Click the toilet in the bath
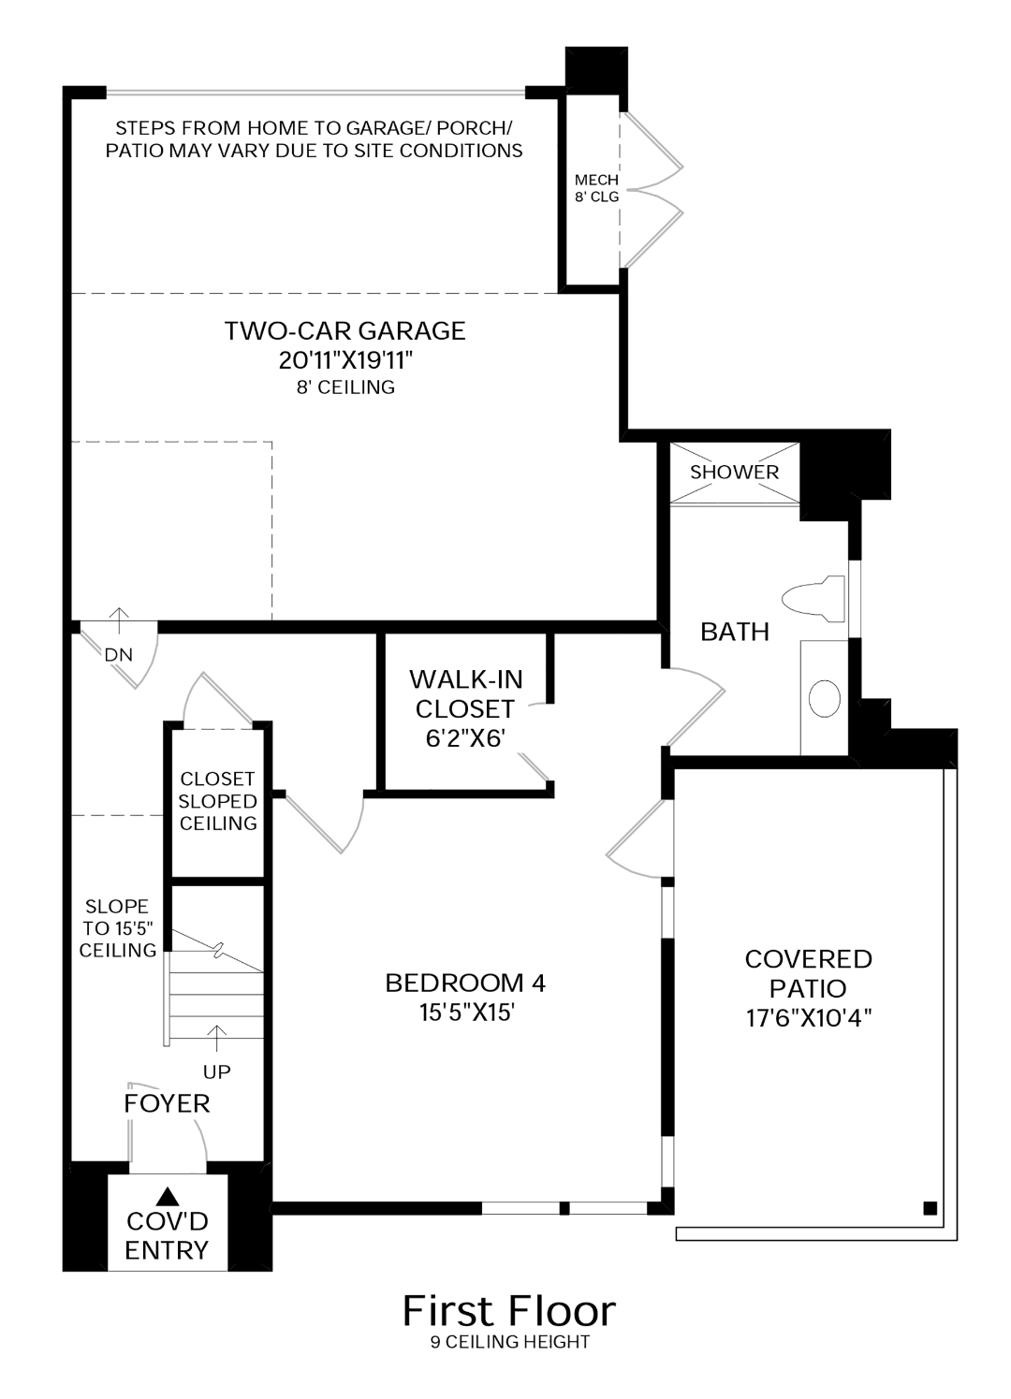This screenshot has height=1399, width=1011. (813, 599)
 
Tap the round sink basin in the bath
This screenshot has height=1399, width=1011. (824, 698)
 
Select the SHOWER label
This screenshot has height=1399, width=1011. (734, 473)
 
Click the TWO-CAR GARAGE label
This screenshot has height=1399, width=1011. (344, 330)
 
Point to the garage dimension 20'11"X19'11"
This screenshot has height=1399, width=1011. (346, 360)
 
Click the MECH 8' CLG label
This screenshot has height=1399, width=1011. (596, 189)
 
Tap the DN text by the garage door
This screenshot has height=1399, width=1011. (118, 654)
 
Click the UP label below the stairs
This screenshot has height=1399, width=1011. (217, 1071)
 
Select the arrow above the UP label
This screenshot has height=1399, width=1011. (217, 1040)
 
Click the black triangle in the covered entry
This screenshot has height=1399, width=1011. (167, 1197)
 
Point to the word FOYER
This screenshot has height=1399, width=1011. (167, 1104)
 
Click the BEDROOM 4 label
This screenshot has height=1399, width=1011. (465, 984)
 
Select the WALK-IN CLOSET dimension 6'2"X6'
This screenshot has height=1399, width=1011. (465, 739)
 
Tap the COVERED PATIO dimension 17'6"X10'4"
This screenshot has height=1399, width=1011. (809, 1019)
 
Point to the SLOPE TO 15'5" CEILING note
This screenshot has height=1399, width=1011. (117, 928)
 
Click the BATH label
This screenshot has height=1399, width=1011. (735, 632)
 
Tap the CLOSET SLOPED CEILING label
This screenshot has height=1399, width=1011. (218, 801)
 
